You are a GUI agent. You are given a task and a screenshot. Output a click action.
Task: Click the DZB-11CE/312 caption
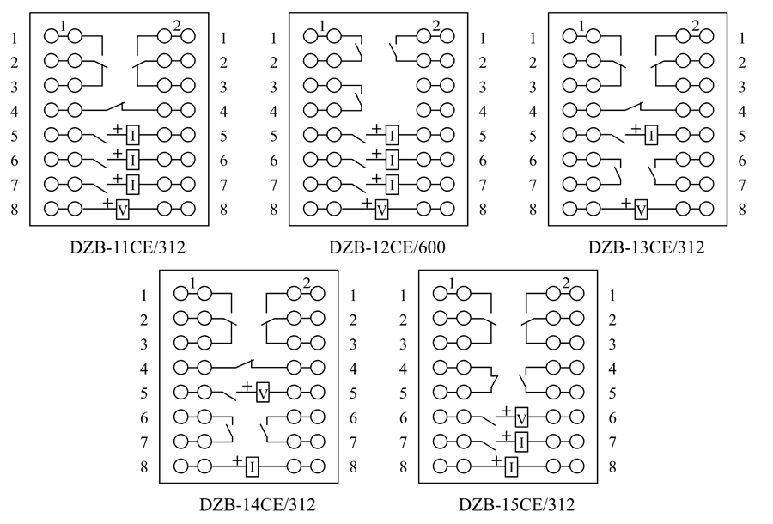coord(128,248)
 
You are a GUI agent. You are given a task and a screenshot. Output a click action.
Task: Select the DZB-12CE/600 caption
coord(386,248)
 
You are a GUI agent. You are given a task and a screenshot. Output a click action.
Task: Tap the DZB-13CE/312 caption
coord(646,248)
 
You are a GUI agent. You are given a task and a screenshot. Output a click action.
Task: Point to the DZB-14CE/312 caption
coord(258,504)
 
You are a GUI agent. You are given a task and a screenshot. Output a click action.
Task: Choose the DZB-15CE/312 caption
coord(516,504)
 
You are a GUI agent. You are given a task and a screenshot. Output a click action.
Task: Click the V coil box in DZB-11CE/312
coord(122,209)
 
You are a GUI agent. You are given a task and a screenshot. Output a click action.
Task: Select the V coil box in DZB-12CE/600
coord(381,209)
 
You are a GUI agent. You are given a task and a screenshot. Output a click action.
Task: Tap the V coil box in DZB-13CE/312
coord(640,209)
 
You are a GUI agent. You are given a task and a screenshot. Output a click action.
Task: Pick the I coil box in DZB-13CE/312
coord(651,136)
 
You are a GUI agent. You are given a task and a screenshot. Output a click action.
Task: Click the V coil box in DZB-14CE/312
coord(264,393)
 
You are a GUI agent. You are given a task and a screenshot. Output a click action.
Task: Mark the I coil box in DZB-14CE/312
coord(252,466)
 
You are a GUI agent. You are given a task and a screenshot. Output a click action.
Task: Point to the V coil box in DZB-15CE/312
coord(522,418)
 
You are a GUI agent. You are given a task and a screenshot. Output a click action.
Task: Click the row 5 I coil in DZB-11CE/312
coord(133,136)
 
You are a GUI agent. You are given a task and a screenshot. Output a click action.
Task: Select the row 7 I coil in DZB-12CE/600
coord(392,184)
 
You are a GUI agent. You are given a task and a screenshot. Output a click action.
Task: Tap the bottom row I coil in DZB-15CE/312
coord(511,466)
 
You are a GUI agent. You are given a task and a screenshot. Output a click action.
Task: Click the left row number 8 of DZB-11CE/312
coord(15,209)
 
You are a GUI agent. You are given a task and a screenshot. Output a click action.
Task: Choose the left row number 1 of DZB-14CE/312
coord(144,296)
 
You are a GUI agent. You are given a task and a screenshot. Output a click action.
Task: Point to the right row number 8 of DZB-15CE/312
coord(612,466)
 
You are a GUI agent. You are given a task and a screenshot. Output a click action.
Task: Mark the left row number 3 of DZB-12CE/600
coord(274,87)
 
